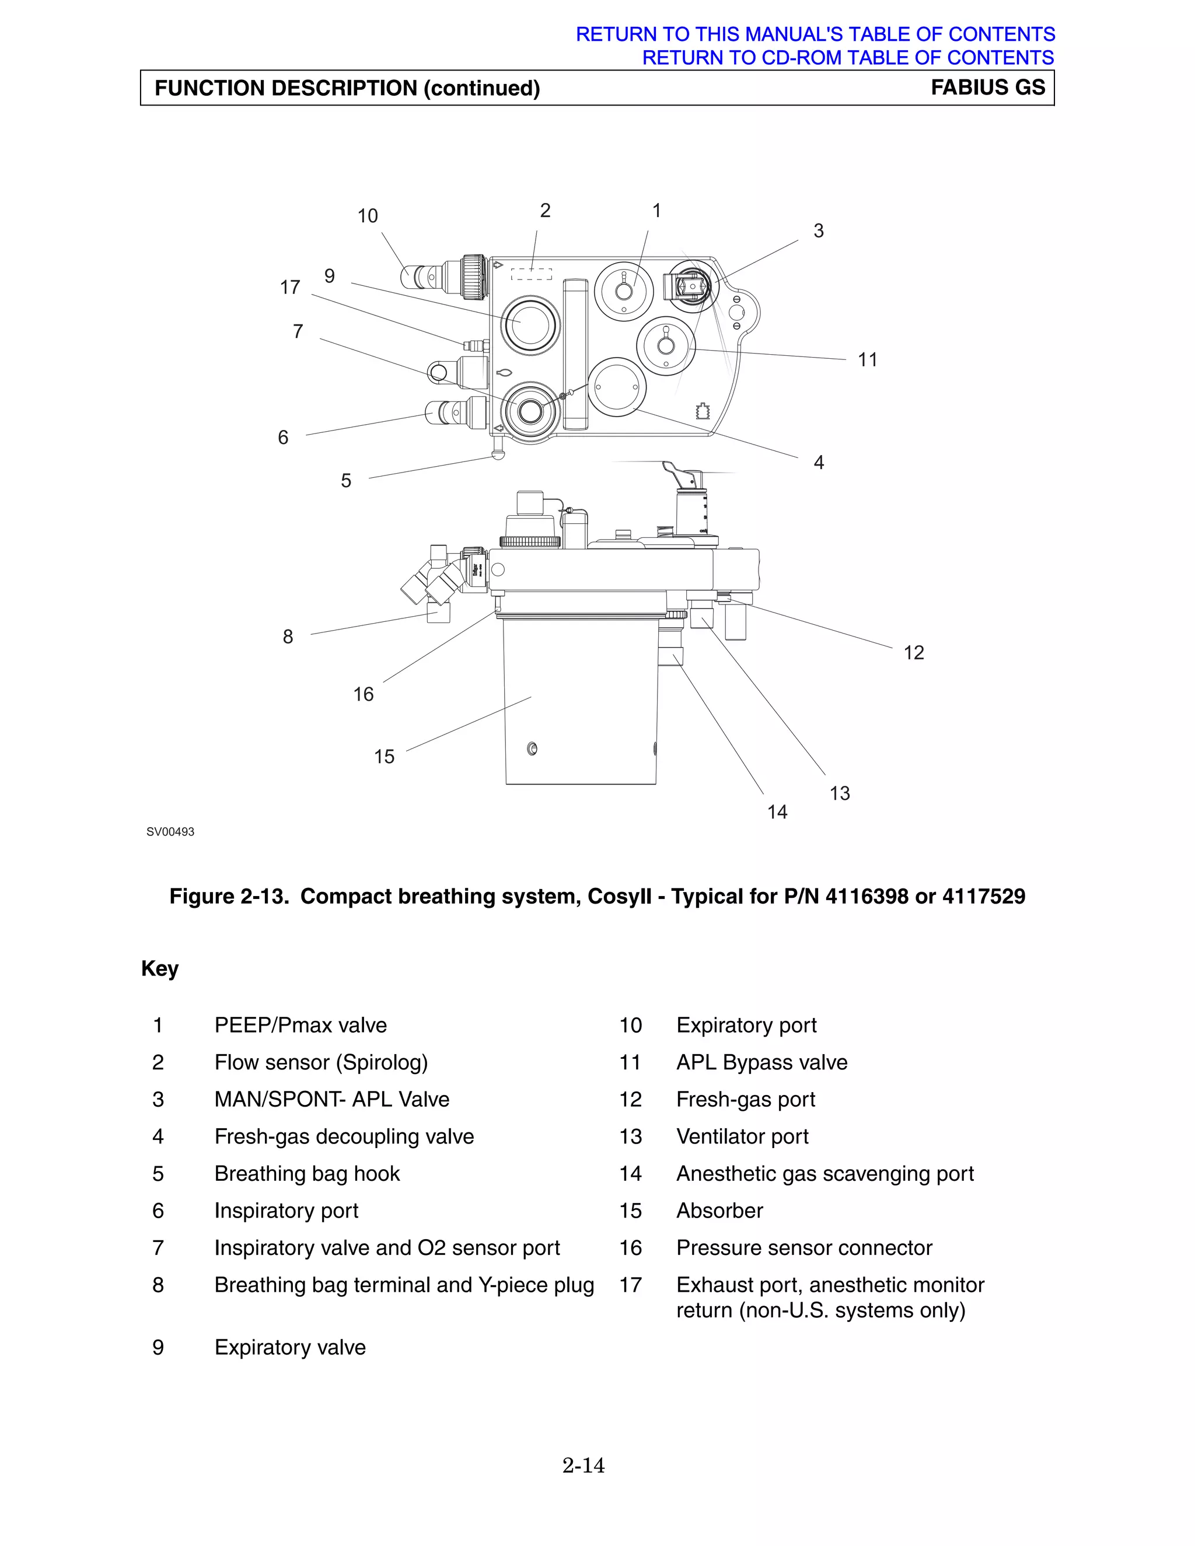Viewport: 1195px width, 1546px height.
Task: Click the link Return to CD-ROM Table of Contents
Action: click(x=847, y=57)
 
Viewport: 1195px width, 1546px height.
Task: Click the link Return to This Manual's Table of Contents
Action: click(x=815, y=34)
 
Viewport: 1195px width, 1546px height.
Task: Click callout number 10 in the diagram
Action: click(x=368, y=216)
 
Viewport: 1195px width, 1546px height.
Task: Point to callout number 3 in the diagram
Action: click(x=819, y=231)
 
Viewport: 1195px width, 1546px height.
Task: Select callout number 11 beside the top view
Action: click(x=867, y=359)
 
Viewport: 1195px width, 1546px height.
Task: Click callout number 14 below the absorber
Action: click(x=777, y=812)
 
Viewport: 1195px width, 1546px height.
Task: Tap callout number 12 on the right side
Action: click(x=913, y=653)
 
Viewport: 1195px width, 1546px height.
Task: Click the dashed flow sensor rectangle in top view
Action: click(x=531, y=274)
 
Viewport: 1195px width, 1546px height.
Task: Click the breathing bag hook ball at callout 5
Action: click(x=498, y=454)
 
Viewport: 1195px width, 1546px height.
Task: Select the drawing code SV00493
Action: click(x=170, y=832)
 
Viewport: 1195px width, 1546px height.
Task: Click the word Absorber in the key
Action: click(x=719, y=1211)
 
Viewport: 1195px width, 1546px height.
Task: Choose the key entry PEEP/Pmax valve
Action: click(x=300, y=1025)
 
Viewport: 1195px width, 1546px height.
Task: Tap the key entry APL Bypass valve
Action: click(x=761, y=1062)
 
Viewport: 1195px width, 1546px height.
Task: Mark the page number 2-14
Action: click(x=583, y=1465)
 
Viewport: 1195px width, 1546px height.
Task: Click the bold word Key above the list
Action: click(x=159, y=968)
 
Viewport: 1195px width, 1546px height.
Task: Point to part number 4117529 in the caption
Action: click(x=983, y=896)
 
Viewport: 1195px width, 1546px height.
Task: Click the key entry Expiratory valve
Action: click(x=289, y=1347)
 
